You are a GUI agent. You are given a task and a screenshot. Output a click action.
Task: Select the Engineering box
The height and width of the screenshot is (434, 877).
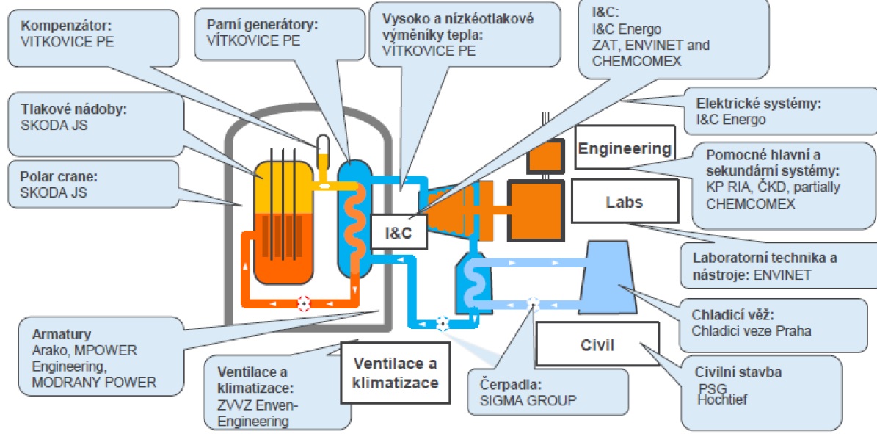625,149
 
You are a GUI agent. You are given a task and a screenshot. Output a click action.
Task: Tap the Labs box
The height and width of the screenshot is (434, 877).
624,201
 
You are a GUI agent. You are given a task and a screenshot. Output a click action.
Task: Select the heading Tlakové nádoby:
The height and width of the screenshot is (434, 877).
64,109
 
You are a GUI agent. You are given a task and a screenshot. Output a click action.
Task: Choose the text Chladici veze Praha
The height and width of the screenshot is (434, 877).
751,330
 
